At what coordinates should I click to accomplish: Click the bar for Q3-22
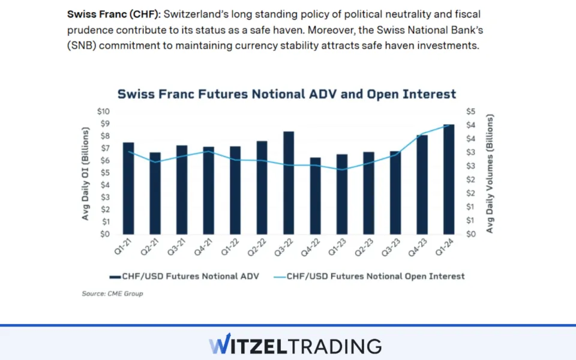(289, 183)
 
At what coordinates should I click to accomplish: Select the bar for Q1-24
(449, 180)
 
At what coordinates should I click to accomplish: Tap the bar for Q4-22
(315, 196)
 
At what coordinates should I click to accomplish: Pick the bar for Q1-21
(128, 188)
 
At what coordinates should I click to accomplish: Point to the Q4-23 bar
(422, 185)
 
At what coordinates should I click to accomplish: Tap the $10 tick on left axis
(104, 112)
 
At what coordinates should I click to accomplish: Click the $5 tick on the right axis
(471, 112)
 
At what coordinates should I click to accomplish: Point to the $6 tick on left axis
(106, 161)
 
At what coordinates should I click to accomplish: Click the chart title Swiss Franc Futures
(286, 94)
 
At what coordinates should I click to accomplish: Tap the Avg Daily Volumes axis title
(490, 173)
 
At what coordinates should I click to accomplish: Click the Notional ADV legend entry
(185, 277)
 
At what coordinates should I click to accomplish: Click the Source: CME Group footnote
(112, 293)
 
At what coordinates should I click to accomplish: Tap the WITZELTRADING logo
(295, 346)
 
